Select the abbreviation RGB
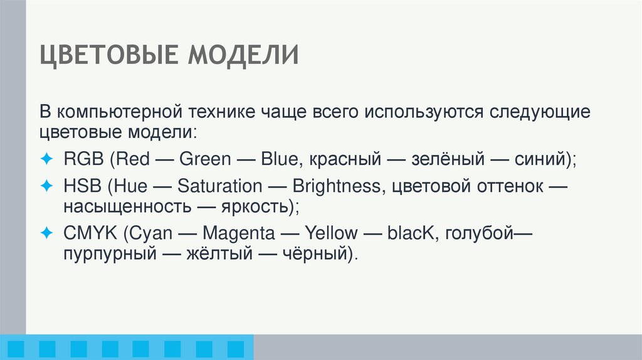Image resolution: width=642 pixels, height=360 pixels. click(x=84, y=159)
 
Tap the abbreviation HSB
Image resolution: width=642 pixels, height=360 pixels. click(x=83, y=186)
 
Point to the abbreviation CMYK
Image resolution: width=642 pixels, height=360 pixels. click(x=90, y=234)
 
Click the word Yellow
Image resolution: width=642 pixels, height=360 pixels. click(x=331, y=234)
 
